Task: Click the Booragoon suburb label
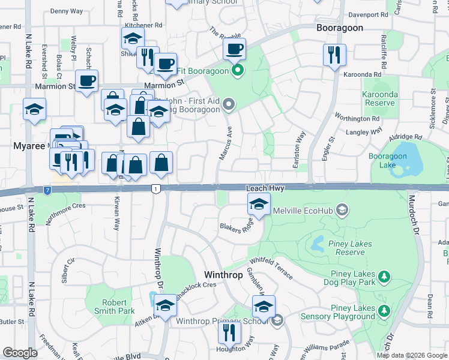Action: [x=340, y=28]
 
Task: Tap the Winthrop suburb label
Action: [x=224, y=275]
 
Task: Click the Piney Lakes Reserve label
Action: [x=350, y=248]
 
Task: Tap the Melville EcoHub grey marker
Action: [x=342, y=210]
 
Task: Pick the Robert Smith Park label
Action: [x=113, y=307]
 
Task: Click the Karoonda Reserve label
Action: [x=379, y=99]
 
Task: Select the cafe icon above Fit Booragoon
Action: [x=234, y=48]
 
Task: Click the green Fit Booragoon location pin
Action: [x=238, y=71]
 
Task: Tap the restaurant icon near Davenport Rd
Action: [x=334, y=55]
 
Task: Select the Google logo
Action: [x=20, y=353]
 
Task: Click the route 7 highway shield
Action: [x=47, y=190]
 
